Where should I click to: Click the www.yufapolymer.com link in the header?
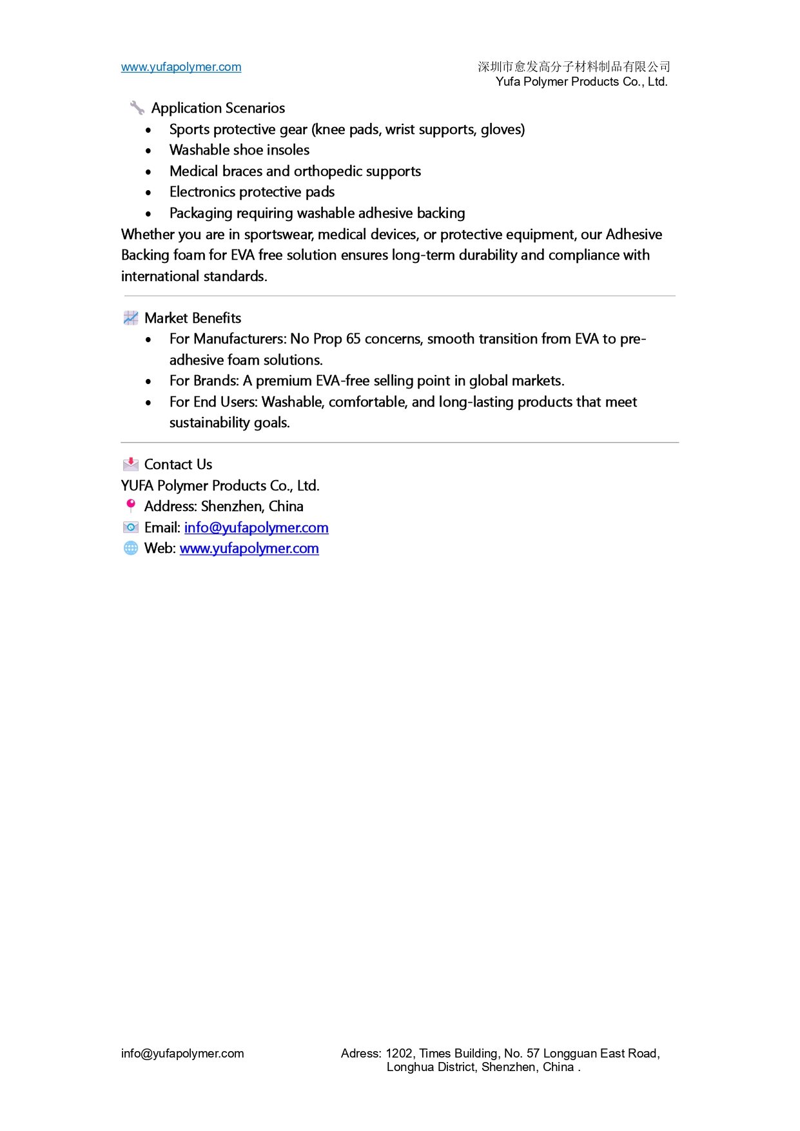(181, 67)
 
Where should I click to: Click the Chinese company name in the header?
(574, 66)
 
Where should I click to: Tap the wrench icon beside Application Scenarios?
(137, 108)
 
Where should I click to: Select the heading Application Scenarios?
(218, 108)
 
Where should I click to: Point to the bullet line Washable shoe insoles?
(239, 150)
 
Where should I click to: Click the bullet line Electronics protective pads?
(252, 192)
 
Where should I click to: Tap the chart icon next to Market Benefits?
(131, 318)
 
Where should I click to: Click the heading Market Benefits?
(193, 318)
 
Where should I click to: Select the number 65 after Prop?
(353, 339)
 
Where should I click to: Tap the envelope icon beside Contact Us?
(131, 464)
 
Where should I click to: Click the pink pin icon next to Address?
(131, 505)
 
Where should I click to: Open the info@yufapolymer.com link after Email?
(256, 528)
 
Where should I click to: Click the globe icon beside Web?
(131, 548)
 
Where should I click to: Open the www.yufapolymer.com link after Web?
(249, 548)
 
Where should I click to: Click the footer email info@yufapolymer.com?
(182, 1054)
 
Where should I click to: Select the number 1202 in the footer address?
(399, 1054)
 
